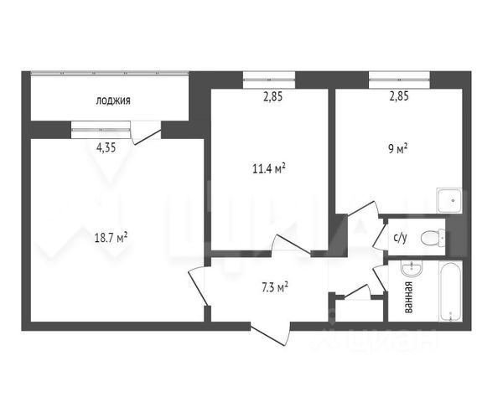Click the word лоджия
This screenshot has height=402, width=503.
pos(113,100)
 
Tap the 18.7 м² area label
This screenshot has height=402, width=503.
pos(111,238)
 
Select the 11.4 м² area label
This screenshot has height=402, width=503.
pos(269,168)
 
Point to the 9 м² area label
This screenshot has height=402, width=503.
pos(398,149)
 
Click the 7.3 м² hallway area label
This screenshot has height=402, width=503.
pos(275,287)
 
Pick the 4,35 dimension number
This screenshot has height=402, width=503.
pos(106,147)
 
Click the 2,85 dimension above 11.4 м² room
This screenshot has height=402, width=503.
pos(273,96)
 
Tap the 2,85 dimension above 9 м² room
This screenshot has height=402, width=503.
pos(399,96)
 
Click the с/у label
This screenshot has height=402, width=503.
pos(401,238)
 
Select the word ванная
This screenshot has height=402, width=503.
pos(409,297)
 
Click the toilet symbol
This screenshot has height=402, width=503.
pos(433,238)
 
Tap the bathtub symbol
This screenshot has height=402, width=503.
pos(451,291)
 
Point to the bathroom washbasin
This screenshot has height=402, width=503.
pos(412,269)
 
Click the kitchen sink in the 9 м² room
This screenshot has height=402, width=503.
pos(449,200)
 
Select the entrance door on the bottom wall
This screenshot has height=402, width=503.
pos(271,333)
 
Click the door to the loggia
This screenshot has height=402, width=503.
pos(146,133)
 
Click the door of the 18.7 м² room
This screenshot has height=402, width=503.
pos(197,286)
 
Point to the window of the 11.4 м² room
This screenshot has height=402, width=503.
pos(269,80)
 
